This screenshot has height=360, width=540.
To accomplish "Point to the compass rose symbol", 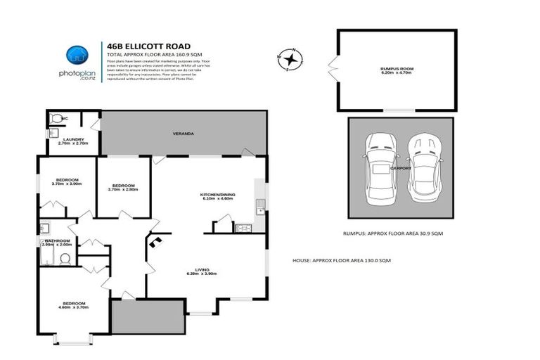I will pos(290,58).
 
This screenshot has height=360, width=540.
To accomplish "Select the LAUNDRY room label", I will pos(73,141).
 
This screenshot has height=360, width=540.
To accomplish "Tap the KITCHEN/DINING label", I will pos(217,196).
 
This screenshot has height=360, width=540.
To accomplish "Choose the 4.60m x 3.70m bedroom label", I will pos(73,304).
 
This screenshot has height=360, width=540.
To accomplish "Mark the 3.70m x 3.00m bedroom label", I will pos(67,181).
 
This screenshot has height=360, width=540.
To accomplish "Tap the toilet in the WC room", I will pos(56,118).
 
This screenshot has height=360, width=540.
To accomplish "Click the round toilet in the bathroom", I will pos(66,258).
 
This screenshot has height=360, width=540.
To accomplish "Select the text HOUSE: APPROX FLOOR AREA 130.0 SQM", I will pos(341,260).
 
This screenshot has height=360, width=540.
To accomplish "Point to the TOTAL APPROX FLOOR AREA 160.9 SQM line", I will pos(149,54).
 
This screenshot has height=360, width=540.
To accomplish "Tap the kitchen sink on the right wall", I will pos(259,206).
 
